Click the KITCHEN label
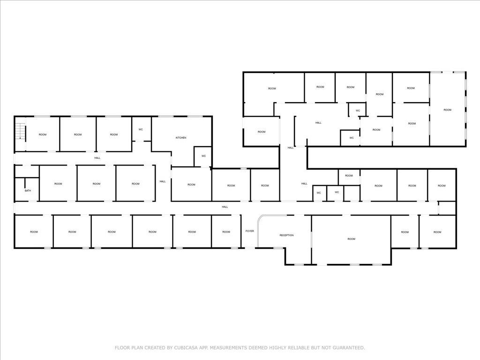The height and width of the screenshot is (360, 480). (x=181, y=138)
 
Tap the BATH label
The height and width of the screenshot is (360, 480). (x=28, y=191)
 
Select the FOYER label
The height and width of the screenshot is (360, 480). (x=250, y=231)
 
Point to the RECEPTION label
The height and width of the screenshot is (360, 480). (x=286, y=235)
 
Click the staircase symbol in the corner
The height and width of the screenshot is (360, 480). (x=20, y=131)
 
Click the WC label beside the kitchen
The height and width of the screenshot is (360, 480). (x=141, y=129)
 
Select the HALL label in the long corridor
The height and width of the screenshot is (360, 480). (x=225, y=207)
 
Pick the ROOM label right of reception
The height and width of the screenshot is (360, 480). (x=352, y=239)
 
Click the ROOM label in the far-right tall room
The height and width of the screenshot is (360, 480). (x=448, y=110)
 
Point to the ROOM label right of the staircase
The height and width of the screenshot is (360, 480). (x=43, y=135)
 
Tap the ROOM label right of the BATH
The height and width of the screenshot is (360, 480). (x=58, y=184)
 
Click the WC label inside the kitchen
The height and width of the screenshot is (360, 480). (x=203, y=156)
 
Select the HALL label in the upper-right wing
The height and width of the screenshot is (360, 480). (x=318, y=123)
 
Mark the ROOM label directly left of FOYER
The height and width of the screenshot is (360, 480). (x=226, y=232)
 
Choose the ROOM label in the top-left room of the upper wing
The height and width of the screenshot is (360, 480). (x=272, y=89)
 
